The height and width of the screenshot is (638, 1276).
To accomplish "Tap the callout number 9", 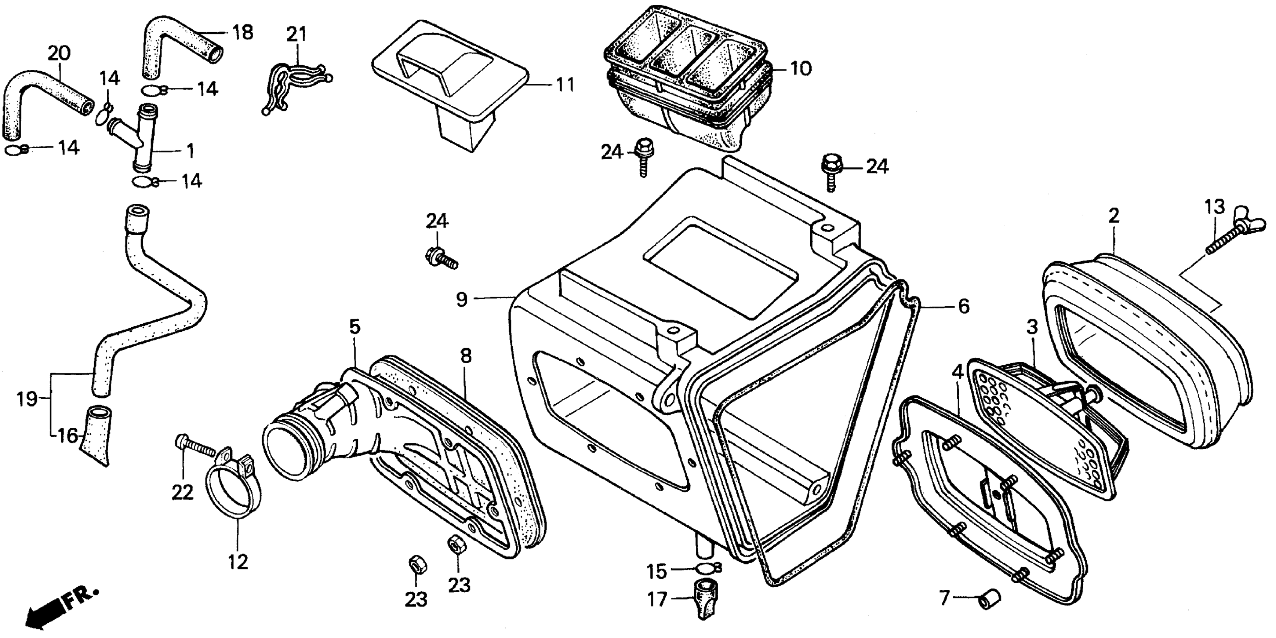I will point(462,300).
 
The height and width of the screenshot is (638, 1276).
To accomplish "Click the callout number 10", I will point(800,68).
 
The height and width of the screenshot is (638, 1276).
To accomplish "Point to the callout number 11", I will point(565,85).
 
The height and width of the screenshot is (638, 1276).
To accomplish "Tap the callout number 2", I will point(1113,216).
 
